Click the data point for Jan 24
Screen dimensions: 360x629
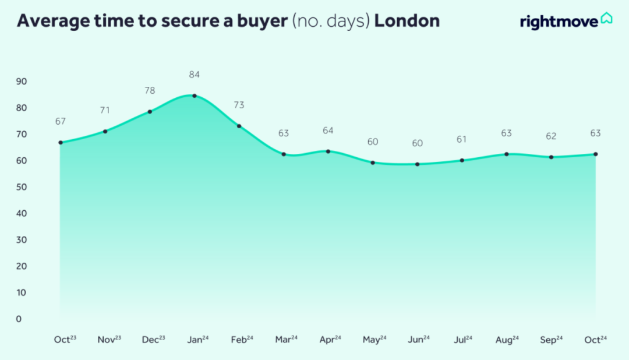tap(195, 96)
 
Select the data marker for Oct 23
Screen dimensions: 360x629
tap(61, 142)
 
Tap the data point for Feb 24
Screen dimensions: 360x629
tap(239, 126)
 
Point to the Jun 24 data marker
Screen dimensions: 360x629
tap(417, 164)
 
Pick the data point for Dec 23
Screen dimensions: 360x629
tap(150, 111)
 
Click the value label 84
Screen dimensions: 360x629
tap(195, 75)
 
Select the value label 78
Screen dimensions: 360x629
tap(150, 90)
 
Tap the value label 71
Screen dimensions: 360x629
tap(105, 110)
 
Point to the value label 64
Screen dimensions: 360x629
tap(328, 130)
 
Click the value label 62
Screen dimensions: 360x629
tap(551, 136)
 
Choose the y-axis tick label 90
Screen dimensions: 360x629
tap(22, 81)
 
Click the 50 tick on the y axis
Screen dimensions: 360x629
tap(22, 187)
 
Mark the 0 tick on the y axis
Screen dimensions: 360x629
tap(19, 319)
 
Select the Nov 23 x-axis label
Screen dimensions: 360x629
tap(109, 340)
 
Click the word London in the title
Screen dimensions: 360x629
tap(407, 21)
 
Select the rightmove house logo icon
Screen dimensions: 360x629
tap(606, 19)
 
